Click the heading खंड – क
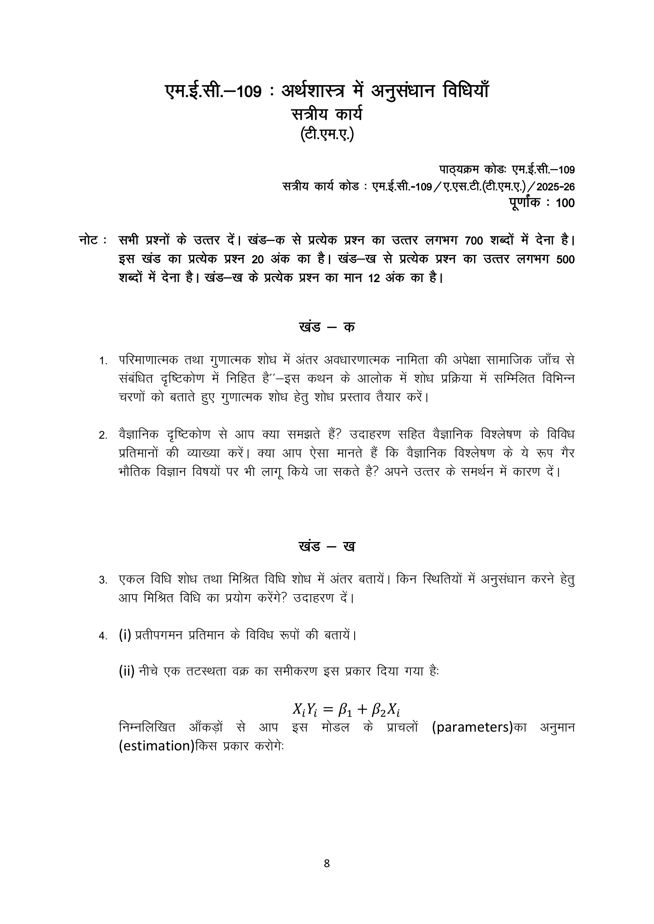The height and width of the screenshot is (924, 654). pyautogui.click(x=327, y=327)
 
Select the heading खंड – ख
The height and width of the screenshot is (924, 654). pyautogui.click(x=327, y=546)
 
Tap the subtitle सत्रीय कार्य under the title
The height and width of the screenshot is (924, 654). pyautogui.click(x=327, y=115)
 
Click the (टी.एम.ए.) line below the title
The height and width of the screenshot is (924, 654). pyautogui.click(x=327, y=134)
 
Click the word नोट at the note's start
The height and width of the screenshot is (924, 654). pyautogui.click(x=89, y=241)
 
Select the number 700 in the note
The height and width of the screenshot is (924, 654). pyautogui.click(x=473, y=241)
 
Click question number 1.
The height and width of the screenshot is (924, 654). pyautogui.click(x=103, y=361)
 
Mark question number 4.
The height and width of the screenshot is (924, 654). pyautogui.click(x=103, y=636)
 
